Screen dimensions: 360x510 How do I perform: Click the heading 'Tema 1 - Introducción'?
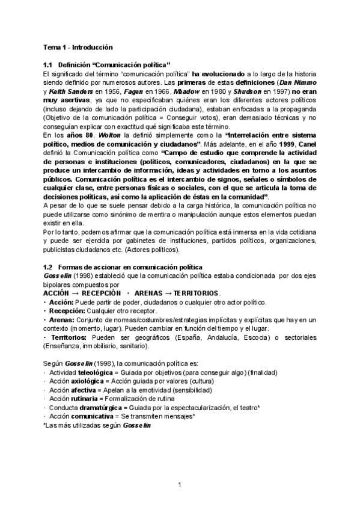pos(78,47)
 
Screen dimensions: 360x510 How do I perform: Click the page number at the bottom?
pos(180,485)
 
